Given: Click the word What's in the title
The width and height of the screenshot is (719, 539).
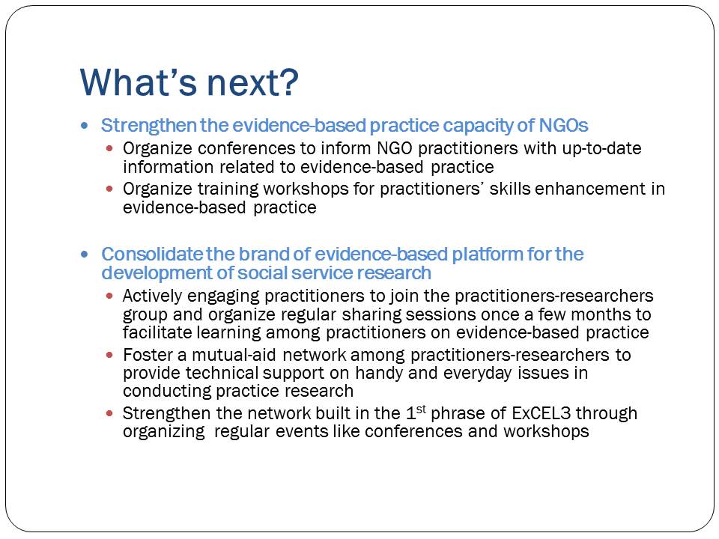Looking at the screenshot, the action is point(138,82).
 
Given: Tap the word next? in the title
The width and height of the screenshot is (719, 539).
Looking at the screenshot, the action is point(253,83).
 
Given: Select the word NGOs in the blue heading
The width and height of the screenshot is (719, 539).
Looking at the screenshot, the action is point(563,125).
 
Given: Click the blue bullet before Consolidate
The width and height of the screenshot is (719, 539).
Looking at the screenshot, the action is point(85,254).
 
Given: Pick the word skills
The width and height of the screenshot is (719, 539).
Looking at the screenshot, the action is point(509,189).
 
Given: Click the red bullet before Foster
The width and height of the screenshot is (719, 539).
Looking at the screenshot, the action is point(109,355).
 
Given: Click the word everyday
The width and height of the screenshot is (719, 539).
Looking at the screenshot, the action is point(477,373).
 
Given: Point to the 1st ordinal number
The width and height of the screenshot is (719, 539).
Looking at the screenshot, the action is point(416,413).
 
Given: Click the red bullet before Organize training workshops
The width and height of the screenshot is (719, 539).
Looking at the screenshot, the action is point(109,189).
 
